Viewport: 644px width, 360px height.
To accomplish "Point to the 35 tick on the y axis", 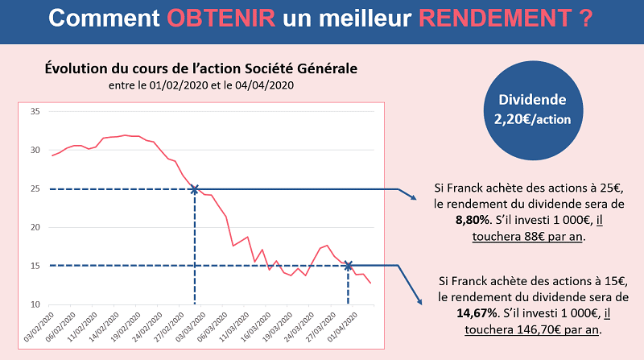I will (35, 111).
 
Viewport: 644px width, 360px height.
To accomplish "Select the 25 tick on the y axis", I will (35, 189).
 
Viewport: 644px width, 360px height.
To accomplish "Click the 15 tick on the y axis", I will (35, 266).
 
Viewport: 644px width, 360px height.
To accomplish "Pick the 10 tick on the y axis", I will (35, 304).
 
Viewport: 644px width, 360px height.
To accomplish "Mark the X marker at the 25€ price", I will (194, 189).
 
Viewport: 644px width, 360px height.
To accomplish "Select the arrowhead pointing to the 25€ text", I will (412, 198).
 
